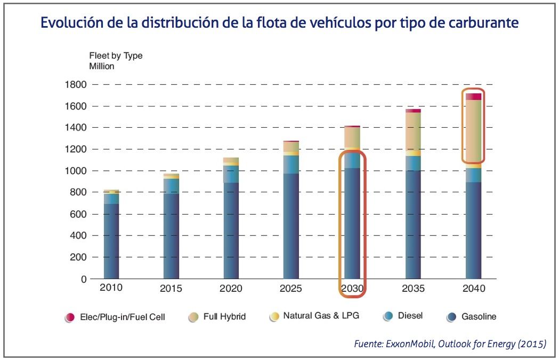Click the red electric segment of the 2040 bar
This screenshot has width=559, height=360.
pos(473,96)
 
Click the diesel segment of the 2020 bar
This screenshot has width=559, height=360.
pos(231,174)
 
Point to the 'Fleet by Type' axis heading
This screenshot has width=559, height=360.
pos(115,55)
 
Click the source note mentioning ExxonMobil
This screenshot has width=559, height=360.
pos(450,344)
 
